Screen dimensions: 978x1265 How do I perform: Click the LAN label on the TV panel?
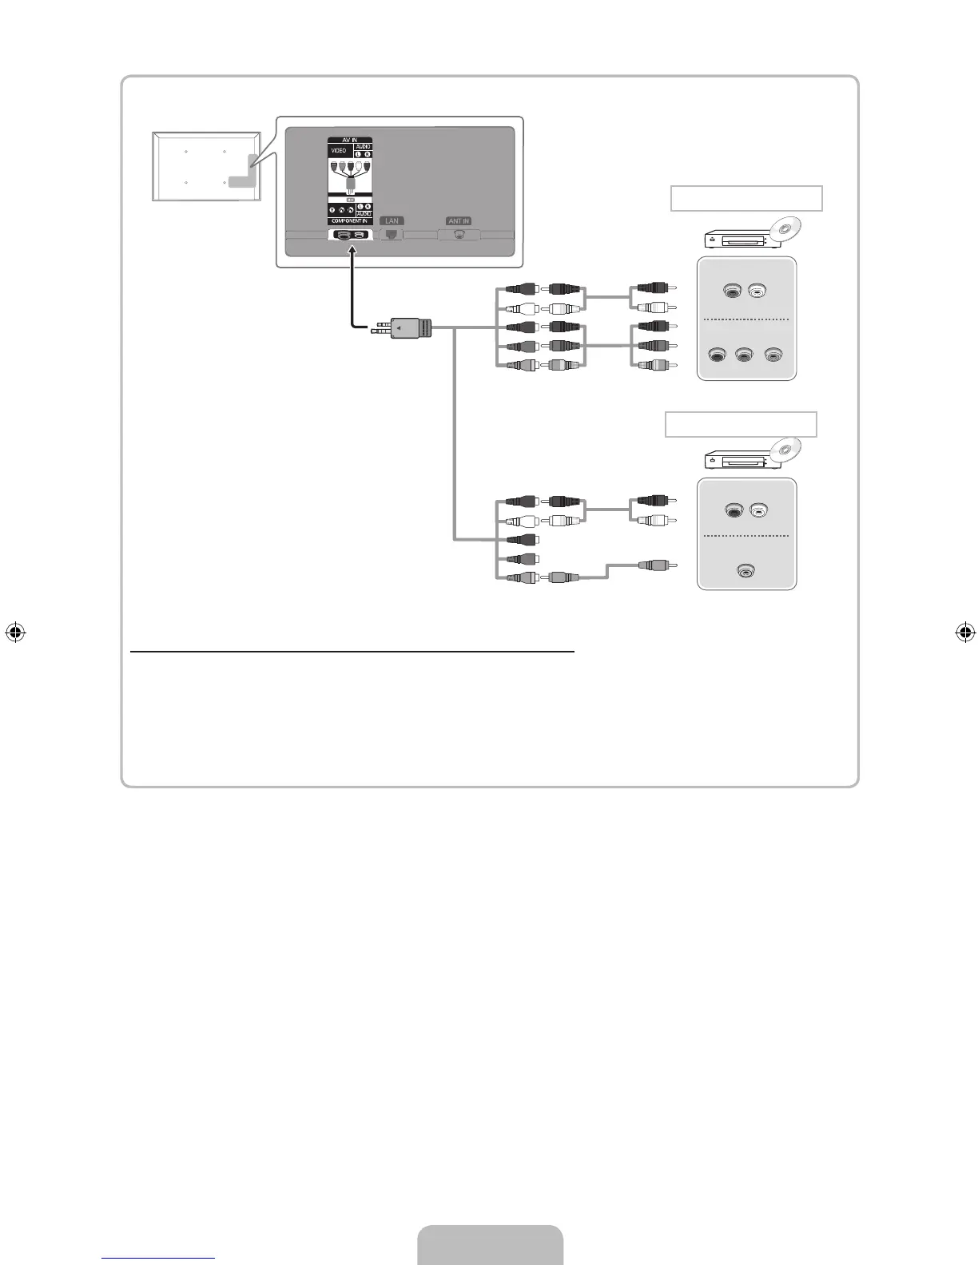[x=392, y=221]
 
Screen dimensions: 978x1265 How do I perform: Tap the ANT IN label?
[x=459, y=221]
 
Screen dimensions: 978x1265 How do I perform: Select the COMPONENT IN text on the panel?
[x=349, y=221]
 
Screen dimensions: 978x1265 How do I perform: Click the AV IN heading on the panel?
[x=350, y=141]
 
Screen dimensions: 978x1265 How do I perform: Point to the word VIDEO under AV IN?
[x=339, y=151]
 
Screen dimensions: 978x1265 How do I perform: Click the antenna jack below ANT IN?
[x=459, y=235]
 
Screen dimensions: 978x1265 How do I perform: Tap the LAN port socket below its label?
[x=392, y=235]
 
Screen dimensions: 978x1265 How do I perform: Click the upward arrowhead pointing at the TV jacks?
[x=351, y=251]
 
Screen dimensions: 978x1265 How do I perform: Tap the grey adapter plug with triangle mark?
[x=411, y=328]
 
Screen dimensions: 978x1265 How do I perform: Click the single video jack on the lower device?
[x=745, y=570]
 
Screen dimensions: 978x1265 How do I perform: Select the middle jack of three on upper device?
[x=745, y=355]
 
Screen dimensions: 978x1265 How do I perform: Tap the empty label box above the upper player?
[x=746, y=198]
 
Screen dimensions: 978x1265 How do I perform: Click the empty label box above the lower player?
[x=741, y=424]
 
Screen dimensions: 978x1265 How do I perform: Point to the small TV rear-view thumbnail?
[x=207, y=166]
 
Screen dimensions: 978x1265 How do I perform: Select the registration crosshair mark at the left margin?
[x=14, y=632]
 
